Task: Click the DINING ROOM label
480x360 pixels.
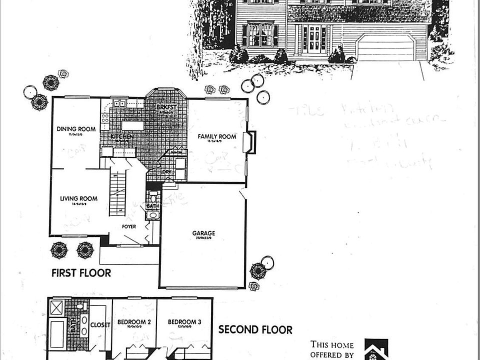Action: pyautogui.click(x=76, y=129)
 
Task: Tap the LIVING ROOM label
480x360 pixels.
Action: pyautogui.click(x=78, y=198)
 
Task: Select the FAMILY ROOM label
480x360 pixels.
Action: pyautogui.click(x=216, y=136)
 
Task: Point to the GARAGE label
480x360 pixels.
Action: pyautogui.click(x=203, y=233)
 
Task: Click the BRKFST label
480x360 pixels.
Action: pyautogui.click(x=164, y=107)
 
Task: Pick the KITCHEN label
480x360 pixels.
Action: pyautogui.click(x=121, y=136)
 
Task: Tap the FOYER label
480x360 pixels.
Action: pyautogui.click(x=129, y=226)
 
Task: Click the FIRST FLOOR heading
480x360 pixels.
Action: pyautogui.click(x=81, y=273)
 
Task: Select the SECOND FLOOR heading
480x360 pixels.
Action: pyautogui.click(x=255, y=329)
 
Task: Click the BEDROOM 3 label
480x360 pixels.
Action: pyautogui.click(x=184, y=322)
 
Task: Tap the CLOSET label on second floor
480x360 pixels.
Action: pyautogui.click(x=97, y=324)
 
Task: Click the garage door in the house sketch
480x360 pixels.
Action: pyautogui.click(x=385, y=48)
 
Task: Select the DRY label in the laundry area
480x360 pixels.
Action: pyautogui.click(x=166, y=172)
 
